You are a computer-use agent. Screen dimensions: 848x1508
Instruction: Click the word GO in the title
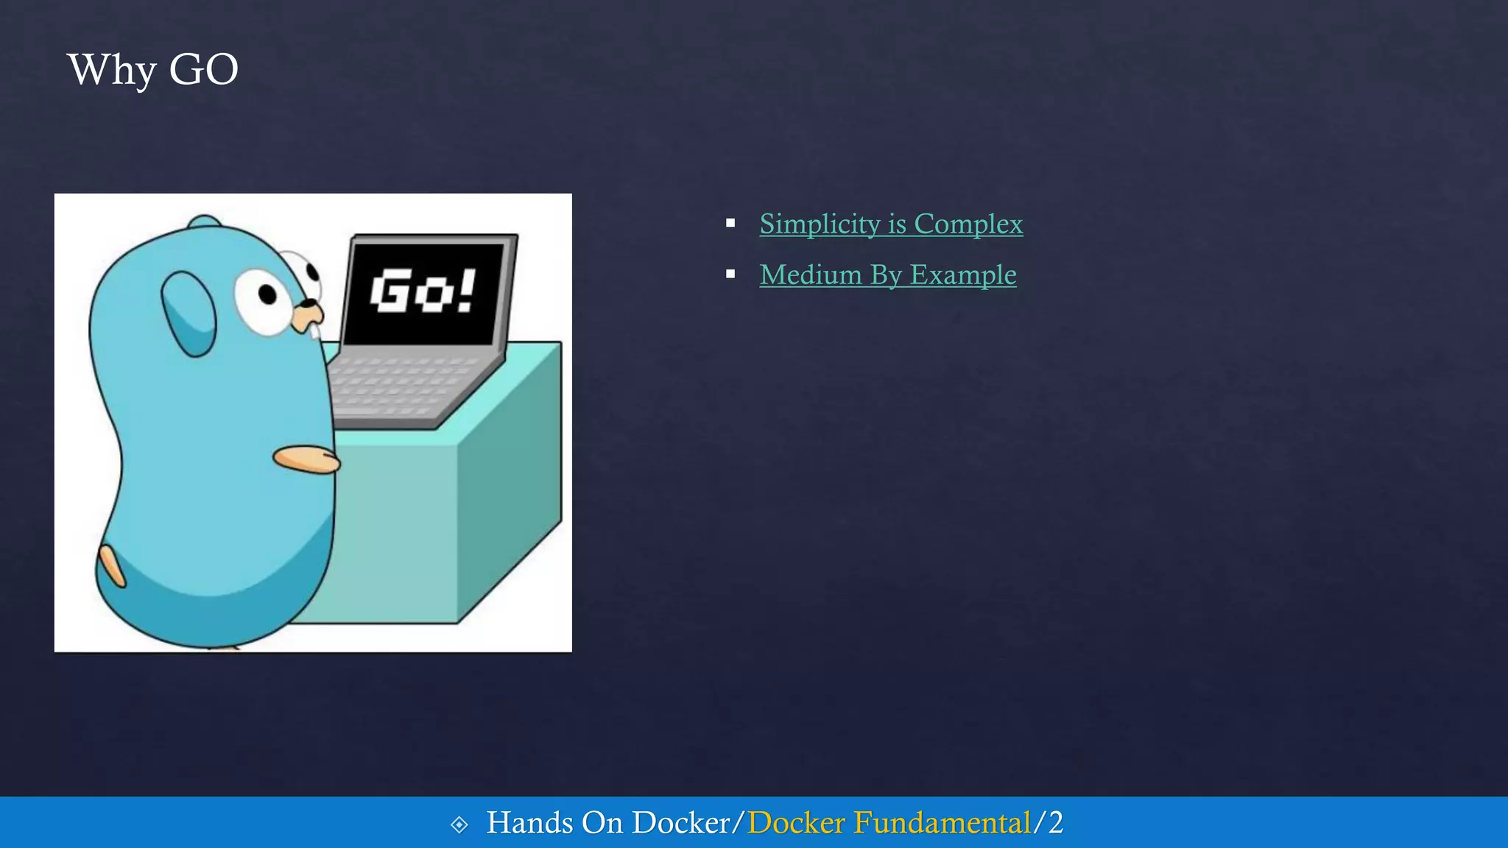tap(203, 70)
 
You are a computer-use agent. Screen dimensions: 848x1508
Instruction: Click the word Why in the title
tap(111, 70)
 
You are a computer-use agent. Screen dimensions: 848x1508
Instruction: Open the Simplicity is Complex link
tap(890, 224)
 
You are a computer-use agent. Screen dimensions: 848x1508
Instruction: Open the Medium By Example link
tap(887, 275)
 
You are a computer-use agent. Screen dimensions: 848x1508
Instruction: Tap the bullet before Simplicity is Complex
tap(730, 223)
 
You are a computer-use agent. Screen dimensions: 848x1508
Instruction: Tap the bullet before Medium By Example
tap(730, 274)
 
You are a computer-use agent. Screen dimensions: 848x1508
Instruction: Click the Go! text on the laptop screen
tap(423, 291)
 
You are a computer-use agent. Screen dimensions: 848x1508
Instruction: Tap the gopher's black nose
tap(310, 303)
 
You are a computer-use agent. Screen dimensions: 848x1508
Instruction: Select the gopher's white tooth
tap(316, 331)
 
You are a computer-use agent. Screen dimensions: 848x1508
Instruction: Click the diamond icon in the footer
tap(459, 824)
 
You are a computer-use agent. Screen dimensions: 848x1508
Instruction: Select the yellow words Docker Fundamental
tap(889, 823)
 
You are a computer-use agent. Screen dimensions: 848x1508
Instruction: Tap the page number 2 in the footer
tap(1056, 823)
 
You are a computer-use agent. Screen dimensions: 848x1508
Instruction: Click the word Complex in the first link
tap(968, 224)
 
